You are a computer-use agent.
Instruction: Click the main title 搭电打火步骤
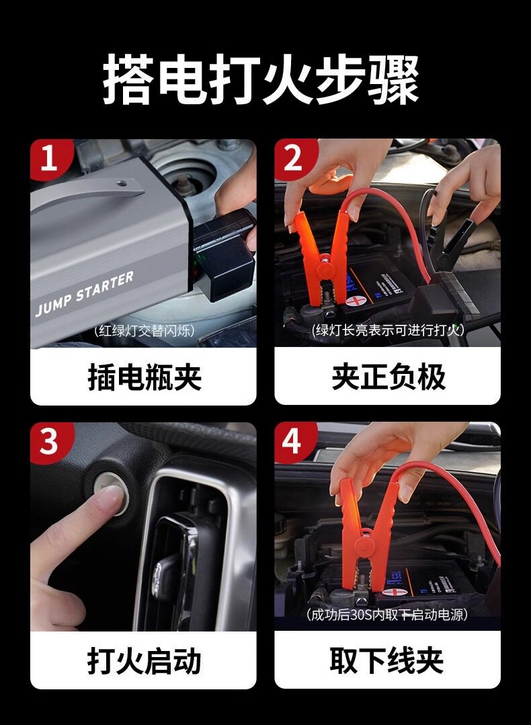261,79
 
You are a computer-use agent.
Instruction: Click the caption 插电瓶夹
145,377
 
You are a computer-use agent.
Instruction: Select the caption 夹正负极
389,377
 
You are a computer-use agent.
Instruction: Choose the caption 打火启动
145,660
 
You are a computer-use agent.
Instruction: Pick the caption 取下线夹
386,660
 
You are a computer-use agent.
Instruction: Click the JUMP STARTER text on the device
85,294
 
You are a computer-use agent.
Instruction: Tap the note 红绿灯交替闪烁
145,331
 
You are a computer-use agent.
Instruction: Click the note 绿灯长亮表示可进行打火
387,330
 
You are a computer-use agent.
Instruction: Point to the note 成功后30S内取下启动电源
387,615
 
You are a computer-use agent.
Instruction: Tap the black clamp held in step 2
450,241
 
